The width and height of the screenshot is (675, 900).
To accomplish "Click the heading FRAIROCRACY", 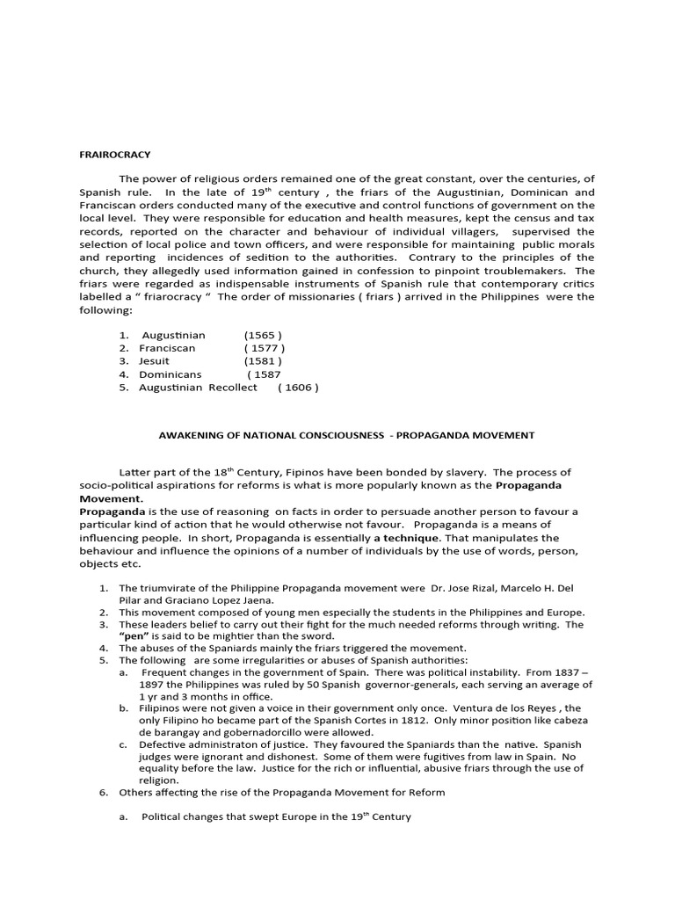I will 114,155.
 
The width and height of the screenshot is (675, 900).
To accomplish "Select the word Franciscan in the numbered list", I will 167,348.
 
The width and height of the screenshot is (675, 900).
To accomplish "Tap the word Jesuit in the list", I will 154,360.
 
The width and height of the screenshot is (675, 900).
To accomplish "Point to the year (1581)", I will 263,360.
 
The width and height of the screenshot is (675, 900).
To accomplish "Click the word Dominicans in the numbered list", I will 171,374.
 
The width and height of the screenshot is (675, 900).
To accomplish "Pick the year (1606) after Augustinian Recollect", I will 297,387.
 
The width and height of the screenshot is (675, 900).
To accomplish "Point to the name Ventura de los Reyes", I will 498,708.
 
